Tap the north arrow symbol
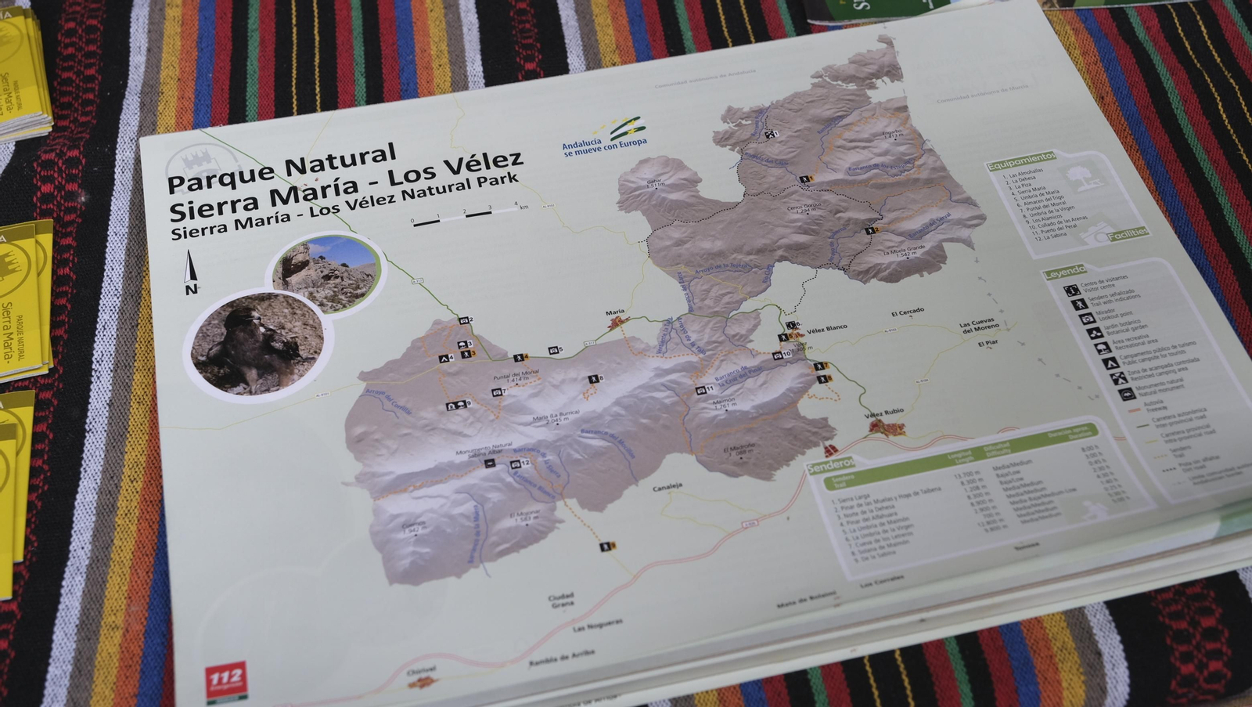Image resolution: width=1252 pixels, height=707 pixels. click(190, 272)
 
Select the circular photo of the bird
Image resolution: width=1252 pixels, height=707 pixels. click(257, 343)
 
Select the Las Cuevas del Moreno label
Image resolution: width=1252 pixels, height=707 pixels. click(978, 325)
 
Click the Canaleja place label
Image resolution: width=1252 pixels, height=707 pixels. click(667, 486)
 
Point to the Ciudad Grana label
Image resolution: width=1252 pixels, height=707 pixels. click(561, 600)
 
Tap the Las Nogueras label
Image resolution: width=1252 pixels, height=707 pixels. click(598, 624)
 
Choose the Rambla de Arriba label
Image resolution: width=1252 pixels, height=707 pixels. click(561, 657)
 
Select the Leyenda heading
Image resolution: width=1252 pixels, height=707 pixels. click(1065, 271)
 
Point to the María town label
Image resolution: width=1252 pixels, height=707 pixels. click(615, 313)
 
